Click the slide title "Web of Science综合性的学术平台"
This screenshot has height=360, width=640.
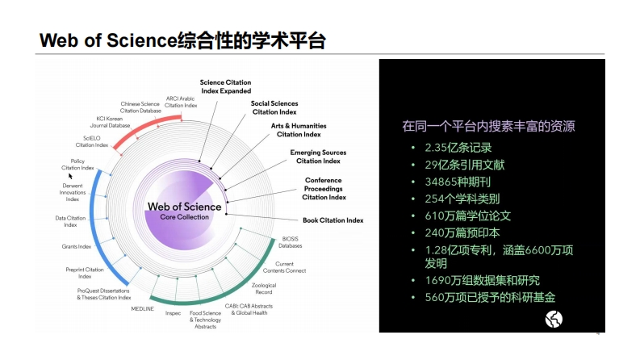pos(182,40)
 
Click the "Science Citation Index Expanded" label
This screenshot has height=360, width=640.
pos(226,86)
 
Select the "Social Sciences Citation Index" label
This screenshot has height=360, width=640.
pos(274,107)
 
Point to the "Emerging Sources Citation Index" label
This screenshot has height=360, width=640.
pos(318,157)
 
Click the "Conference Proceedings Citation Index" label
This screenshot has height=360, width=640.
pos(324,188)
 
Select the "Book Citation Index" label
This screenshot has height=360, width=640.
pos(333,220)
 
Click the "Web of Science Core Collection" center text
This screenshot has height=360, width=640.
pos(184,211)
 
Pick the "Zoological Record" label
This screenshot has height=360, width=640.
pos(264,288)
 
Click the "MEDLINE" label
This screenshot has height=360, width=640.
pos(142,308)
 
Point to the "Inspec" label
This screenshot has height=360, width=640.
pos(173,313)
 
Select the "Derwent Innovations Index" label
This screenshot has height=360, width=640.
pos(73,192)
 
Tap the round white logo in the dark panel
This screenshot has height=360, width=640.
pos(554,319)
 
